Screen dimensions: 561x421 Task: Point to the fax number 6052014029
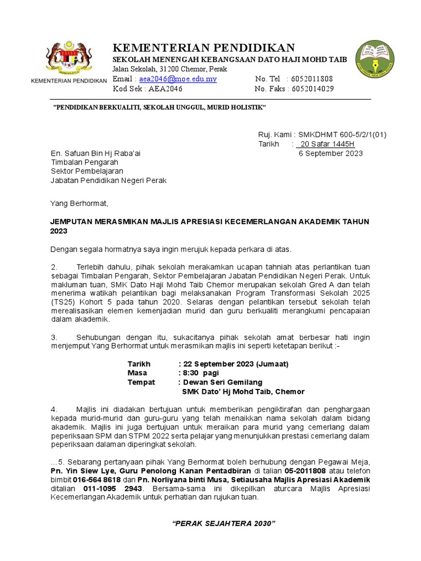click(x=312, y=89)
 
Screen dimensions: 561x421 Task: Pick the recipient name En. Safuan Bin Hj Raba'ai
click(x=95, y=153)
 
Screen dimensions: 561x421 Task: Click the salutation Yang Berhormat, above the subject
click(x=79, y=203)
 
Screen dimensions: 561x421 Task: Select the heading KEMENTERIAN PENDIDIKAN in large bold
click(x=203, y=48)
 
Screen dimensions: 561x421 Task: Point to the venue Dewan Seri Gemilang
click(x=222, y=382)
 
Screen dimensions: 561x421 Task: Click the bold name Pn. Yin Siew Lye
click(x=80, y=471)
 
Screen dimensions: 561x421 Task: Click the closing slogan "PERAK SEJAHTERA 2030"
click(x=224, y=524)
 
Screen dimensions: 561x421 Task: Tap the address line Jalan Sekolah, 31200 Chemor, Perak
click(x=169, y=69)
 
